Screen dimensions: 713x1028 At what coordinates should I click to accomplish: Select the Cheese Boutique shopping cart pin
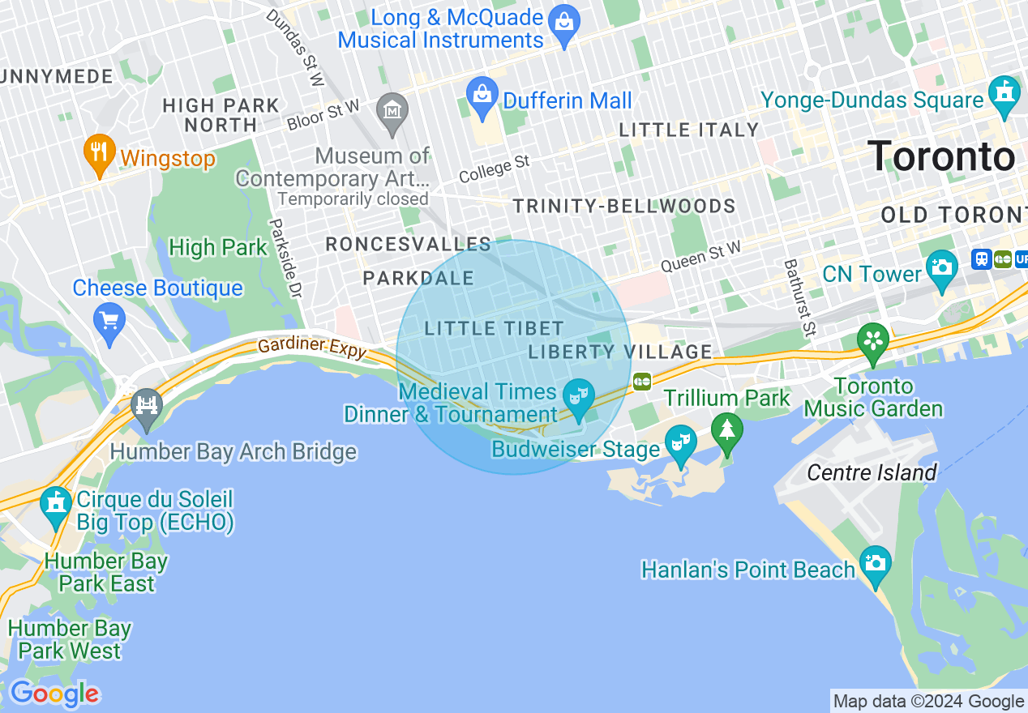click(x=109, y=320)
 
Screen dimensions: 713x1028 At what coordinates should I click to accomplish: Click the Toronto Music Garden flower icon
click(x=874, y=340)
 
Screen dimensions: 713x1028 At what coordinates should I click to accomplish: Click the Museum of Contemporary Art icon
click(x=393, y=109)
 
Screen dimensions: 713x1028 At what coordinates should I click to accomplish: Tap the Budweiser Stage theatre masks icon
click(x=679, y=442)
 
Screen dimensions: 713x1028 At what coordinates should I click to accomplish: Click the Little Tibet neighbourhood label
click(x=494, y=328)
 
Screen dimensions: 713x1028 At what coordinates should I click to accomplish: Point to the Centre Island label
click(x=872, y=472)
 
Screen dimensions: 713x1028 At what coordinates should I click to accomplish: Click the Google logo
click(x=54, y=694)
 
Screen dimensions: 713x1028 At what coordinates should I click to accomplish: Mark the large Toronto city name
click(x=940, y=156)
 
